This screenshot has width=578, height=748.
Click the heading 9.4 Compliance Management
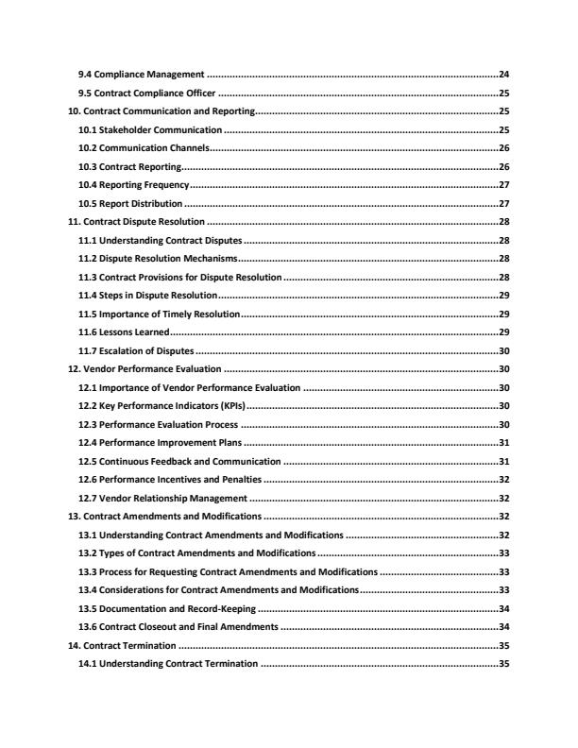pos(142,74)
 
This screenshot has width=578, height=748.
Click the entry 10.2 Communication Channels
pos(144,148)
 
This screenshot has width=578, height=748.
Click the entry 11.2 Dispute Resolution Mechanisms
pos(159,258)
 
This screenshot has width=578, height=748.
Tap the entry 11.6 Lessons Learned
pos(125,331)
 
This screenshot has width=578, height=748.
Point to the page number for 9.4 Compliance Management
pos(503,74)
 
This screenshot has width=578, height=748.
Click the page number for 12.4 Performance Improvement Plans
pos(503,443)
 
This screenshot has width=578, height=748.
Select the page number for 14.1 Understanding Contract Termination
pos(503,664)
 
